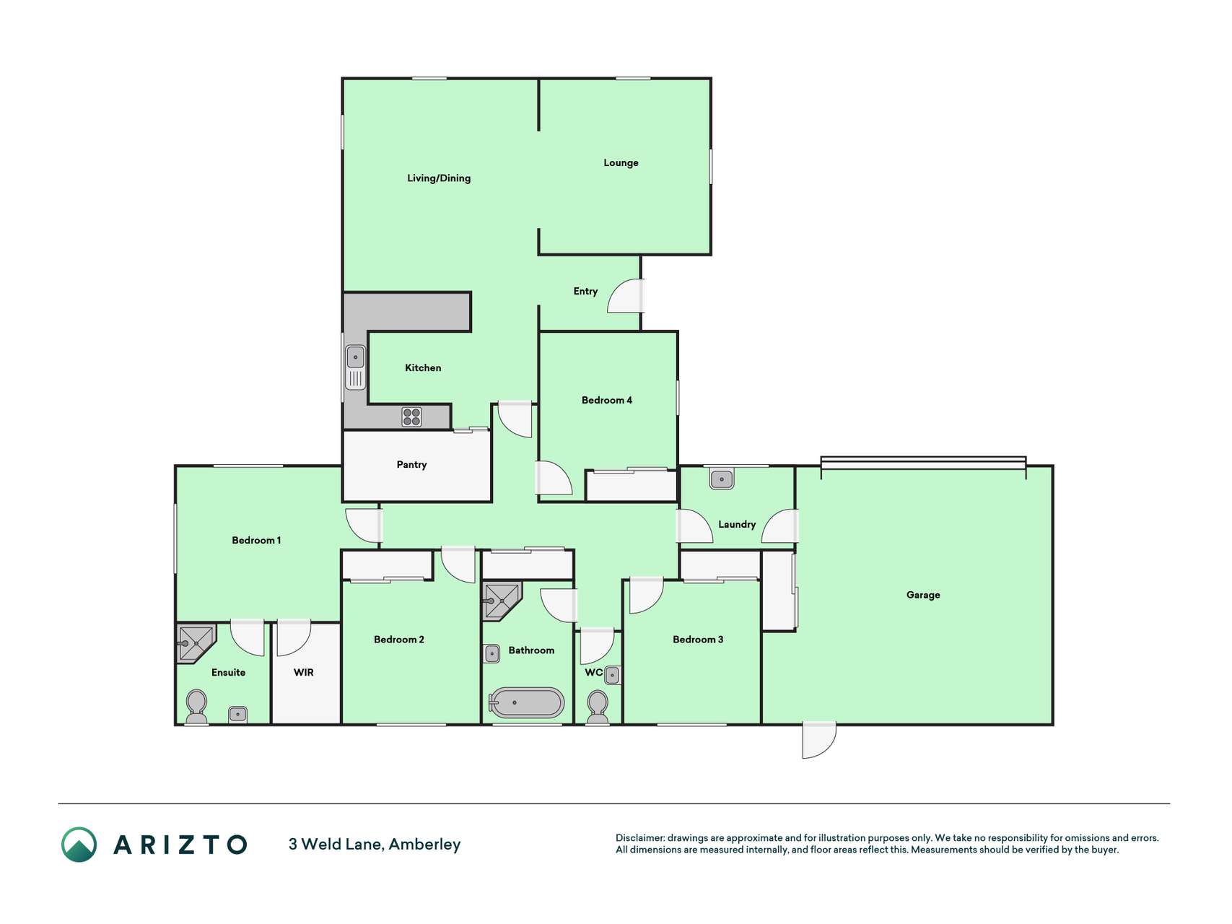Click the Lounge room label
[621, 163]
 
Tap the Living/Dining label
[439, 178]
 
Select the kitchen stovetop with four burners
[412, 417]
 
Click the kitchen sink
[356, 367]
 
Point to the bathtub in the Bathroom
[526, 702]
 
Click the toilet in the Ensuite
[196, 706]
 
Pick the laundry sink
[722, 479]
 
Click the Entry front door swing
[625, 296]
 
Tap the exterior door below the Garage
[819, 740]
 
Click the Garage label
[923, 595]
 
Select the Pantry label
[411, 464]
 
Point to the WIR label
[304, 672]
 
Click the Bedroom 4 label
[607, 400]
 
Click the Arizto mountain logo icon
[79, 845]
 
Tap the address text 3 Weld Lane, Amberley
[375, 844]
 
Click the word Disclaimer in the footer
[640, 838]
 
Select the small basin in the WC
[612, 675]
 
